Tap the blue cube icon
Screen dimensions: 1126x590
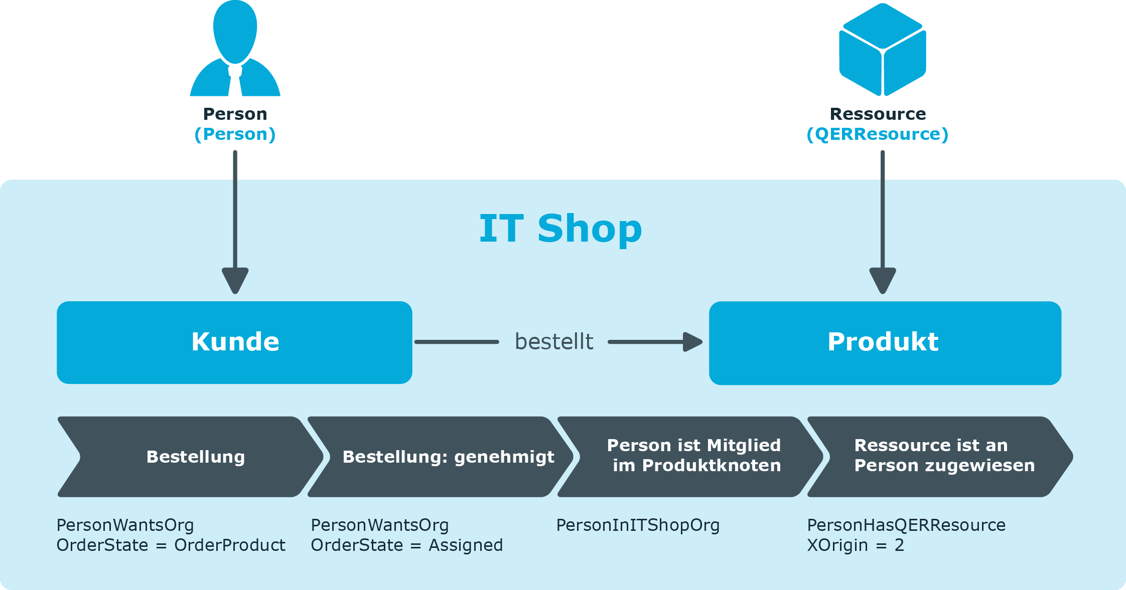[x=883, y=49]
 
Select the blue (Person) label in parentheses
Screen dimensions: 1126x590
[x=235, y=134]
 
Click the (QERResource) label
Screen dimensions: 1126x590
[x=878, y=134]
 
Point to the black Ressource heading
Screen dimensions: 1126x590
[x=878, y=114]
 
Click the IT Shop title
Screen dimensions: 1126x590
[x=560, y=229]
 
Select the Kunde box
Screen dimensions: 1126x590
[x=234, y=342]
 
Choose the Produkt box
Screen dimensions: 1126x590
[x=885, y=343]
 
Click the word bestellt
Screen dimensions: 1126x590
[x=554, y=342]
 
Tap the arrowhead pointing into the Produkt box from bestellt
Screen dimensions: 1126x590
[x=693, y=342]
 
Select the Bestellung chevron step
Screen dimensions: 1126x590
[x=191, y=457]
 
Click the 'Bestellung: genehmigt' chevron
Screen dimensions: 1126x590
[x=441, y=457]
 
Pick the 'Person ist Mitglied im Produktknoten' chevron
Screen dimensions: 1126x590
[x=690, y=457]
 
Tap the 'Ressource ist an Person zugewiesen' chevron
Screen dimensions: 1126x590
[x=940, y=457]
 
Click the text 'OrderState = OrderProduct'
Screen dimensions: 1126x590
[x=171, y=545]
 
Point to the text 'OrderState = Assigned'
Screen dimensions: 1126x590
[x=407, y=545]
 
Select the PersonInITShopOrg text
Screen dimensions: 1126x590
[x=638, y=525]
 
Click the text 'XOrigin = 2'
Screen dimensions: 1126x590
[x=856, y=545]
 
